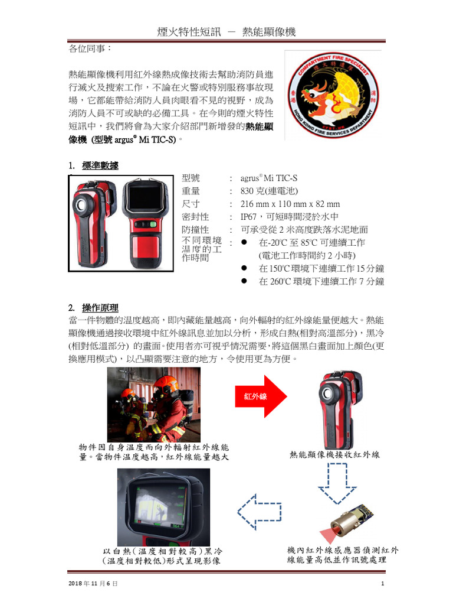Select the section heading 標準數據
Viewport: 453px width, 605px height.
coord(100,166)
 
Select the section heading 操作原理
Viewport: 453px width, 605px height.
coord(100,308)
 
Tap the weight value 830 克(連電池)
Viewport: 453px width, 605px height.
coord(269,191)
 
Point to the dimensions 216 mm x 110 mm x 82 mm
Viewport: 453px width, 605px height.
coord(290,204)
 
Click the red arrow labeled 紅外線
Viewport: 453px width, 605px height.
coord(261,396)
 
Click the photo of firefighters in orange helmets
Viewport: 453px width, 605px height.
coord(154,405)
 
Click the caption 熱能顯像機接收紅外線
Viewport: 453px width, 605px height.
coord(334,455)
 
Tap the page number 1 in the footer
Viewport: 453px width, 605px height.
coord(383,584)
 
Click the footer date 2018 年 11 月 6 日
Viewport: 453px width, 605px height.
coord(93,584)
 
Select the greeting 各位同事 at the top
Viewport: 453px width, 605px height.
coord(90,49)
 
